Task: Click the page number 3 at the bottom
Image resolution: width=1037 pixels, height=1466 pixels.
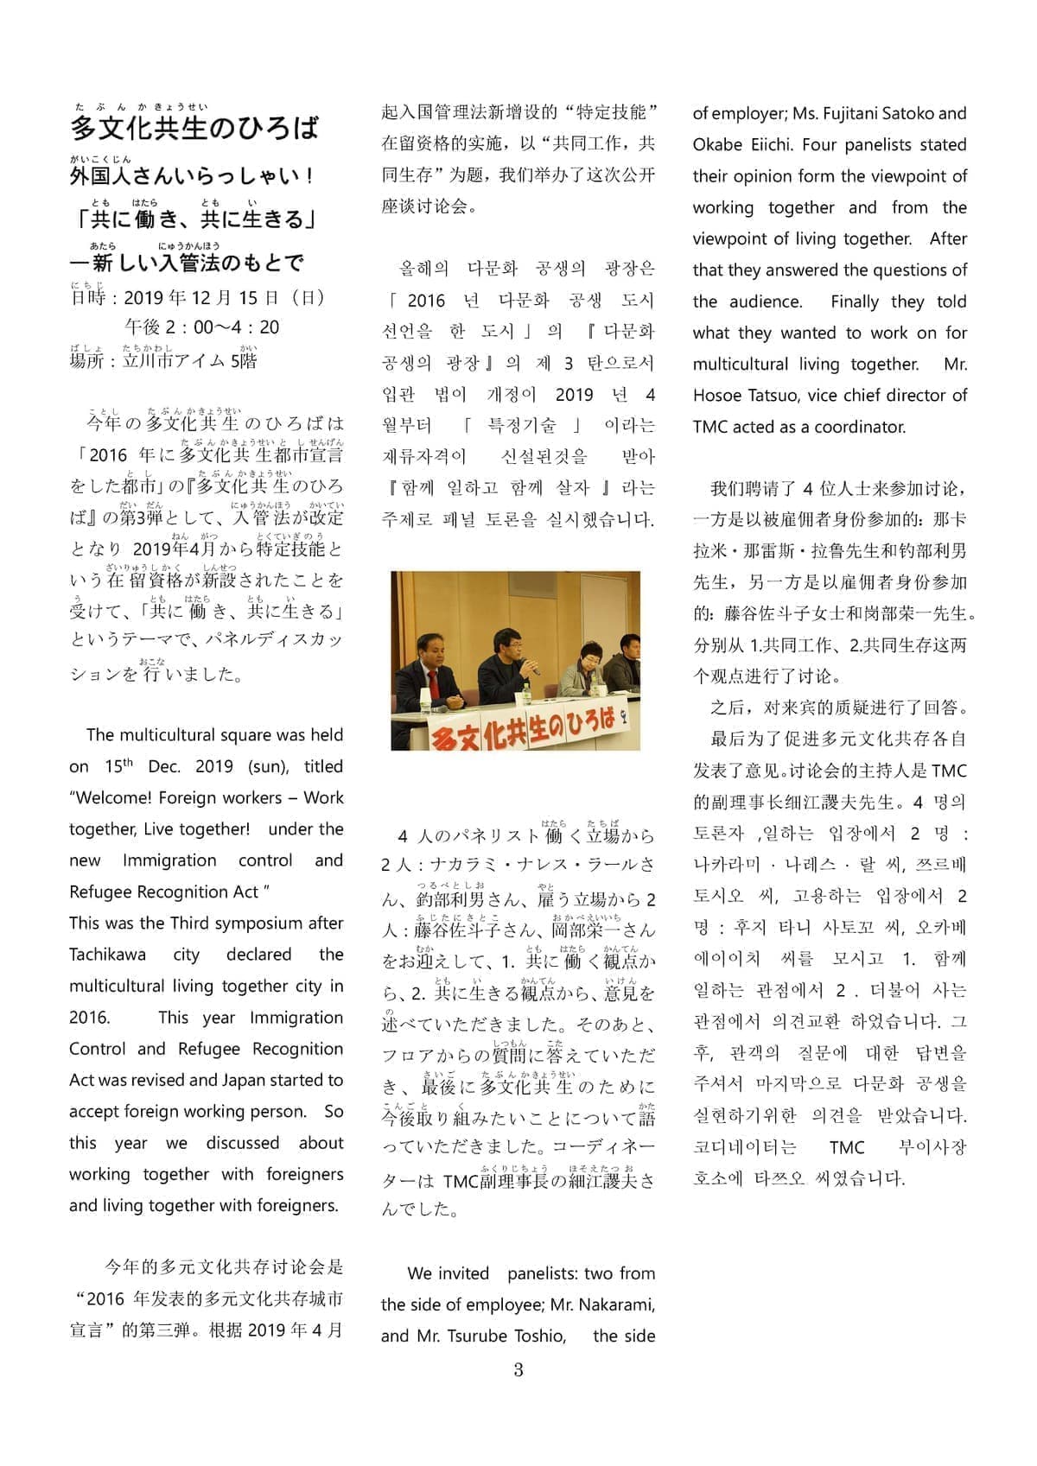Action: click(518, 1370)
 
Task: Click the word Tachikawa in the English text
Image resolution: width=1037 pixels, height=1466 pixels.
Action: click(107, 955)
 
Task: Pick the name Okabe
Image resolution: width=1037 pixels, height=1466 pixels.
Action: click(718, 144)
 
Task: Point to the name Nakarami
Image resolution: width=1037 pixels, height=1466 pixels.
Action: click(616, 1304)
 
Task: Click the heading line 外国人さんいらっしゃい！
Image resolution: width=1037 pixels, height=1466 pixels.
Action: click(192, 176)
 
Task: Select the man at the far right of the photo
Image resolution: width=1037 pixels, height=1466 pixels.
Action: click(627, 662)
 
